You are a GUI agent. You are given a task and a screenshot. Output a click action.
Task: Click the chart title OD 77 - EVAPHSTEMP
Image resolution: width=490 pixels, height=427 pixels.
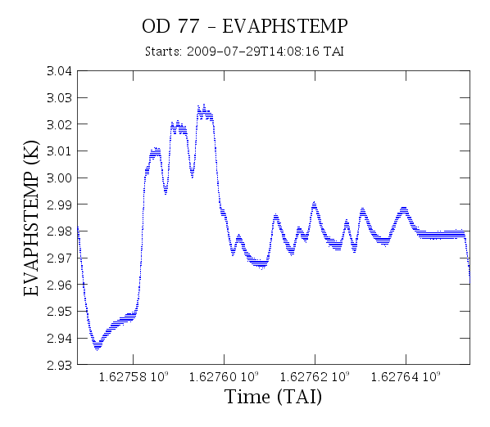(245, 26)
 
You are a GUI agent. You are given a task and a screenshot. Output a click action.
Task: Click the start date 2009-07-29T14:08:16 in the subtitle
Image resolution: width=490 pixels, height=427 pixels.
(253, 52)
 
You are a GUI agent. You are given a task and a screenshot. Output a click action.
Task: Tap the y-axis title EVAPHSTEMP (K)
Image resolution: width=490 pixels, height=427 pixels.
(31, 218)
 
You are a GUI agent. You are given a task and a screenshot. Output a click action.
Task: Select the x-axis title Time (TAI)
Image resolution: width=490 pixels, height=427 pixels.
(273, 397)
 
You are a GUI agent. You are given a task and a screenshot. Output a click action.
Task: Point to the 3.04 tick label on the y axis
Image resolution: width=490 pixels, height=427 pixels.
(59, 71)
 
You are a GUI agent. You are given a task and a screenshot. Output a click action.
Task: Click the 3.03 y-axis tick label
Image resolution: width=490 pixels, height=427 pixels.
(59, 98)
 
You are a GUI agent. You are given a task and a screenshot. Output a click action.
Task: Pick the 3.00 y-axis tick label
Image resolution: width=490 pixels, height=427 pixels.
(59, 178)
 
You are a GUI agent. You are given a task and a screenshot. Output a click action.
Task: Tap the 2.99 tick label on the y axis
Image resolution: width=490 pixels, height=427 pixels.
(59, 205)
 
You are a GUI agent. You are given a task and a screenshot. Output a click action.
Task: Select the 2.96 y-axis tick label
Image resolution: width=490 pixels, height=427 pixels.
(59, 285)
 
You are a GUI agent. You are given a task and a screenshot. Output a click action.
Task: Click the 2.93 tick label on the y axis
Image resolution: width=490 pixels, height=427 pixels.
(59, 365)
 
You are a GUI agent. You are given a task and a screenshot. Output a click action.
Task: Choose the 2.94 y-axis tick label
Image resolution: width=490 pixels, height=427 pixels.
(59, 338)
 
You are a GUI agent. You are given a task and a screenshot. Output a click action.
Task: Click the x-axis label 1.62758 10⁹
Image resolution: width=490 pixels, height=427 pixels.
(134, 377)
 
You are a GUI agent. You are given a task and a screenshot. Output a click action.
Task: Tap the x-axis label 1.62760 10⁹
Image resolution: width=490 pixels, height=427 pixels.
(224, 377)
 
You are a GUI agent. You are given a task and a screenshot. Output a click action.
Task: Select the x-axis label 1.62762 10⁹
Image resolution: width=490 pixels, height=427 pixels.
(315, 377)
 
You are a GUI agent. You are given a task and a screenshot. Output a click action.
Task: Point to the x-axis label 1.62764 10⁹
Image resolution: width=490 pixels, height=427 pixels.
(406, 377)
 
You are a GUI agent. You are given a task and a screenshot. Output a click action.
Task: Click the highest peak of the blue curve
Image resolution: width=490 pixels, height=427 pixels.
(204, 105)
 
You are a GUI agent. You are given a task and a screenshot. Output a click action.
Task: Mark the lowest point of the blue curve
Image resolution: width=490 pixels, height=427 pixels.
(98, 350)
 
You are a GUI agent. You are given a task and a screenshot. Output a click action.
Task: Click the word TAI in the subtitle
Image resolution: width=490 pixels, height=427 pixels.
(333, 52)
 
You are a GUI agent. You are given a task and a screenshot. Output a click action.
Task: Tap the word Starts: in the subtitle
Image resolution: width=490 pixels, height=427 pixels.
(163, 52)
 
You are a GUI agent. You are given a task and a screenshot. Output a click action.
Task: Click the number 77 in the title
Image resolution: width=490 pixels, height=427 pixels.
(188, 26)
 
